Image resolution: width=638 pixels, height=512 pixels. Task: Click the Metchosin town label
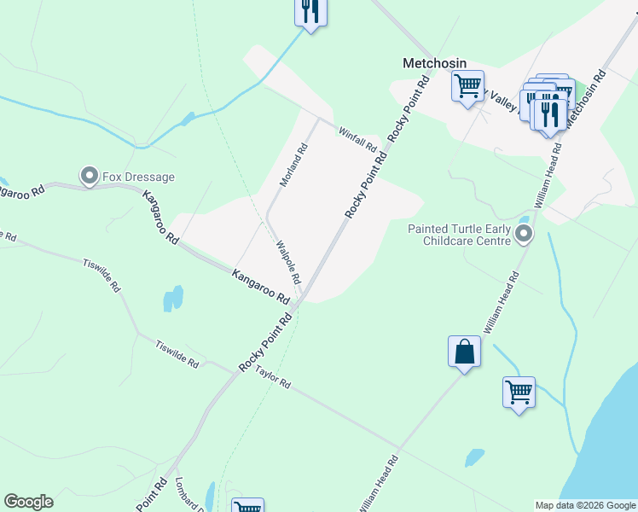coord(435,63)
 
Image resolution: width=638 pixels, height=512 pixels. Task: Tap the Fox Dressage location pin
coord(89,177)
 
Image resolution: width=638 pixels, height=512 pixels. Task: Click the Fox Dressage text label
coord(138,177)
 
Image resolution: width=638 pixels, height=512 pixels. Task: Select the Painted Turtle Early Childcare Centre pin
coord(524,233)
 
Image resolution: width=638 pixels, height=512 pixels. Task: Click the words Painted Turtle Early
coord(459,229)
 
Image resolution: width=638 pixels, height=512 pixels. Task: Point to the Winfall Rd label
coord(357,139)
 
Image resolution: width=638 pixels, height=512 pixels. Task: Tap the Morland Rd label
coord(293,166)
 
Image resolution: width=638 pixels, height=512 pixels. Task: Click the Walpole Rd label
coord(289,262)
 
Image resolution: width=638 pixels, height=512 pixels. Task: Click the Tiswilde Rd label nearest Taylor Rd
coord(177,354)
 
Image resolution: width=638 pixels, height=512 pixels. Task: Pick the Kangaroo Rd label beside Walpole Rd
coord(260,286)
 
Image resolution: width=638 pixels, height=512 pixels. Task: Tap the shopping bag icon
coord(464,352)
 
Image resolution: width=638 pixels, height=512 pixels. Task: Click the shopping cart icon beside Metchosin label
coord(467,86)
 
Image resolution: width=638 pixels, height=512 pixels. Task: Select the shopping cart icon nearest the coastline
coord(519,393)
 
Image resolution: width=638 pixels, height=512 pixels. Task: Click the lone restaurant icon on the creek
coord(310,11)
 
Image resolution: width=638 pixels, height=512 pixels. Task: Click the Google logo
coord(28,502)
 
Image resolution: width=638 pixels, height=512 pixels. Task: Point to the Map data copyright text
coord(584,505)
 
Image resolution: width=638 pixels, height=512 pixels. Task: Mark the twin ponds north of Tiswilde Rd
coord(173,298)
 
